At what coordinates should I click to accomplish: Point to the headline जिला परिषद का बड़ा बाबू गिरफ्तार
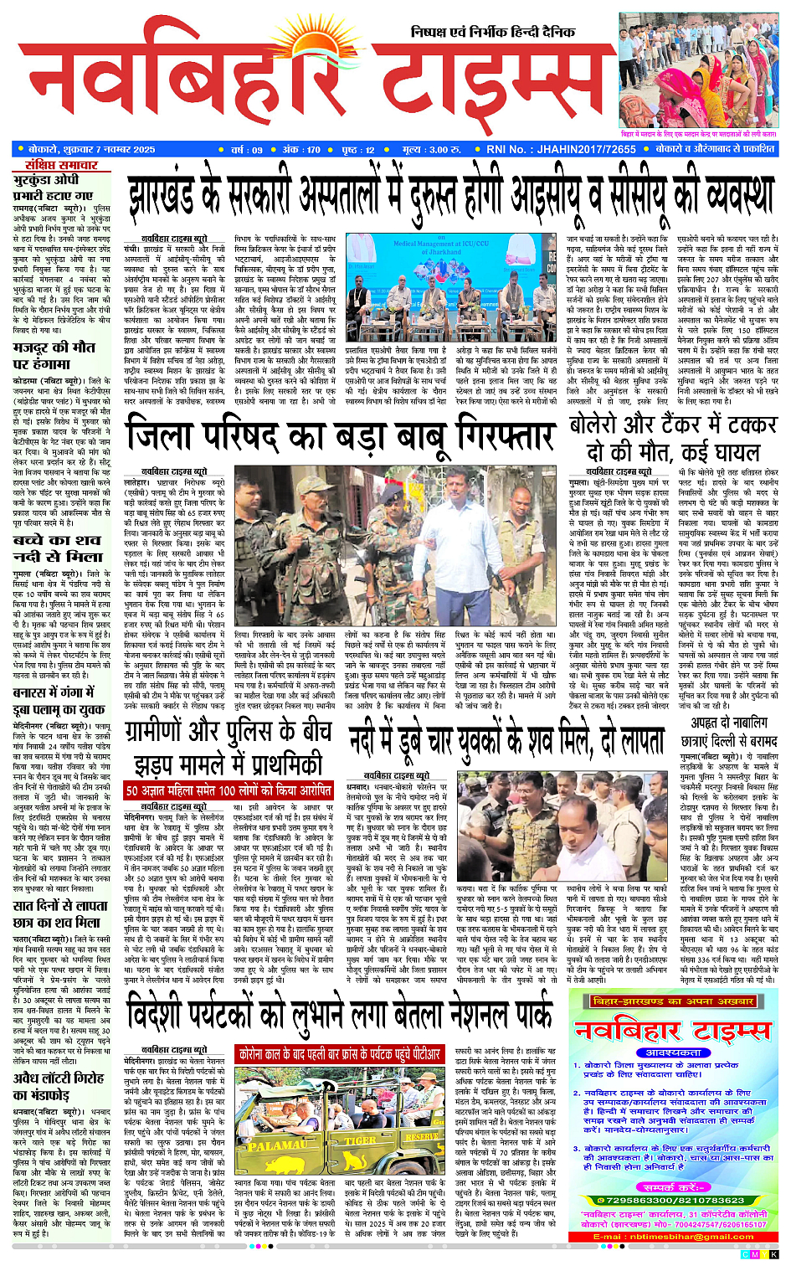click(x=340, y=437)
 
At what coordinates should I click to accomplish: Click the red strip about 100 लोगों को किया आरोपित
click(x=229, y=790)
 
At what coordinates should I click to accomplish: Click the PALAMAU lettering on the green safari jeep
click(x=278, y=1145)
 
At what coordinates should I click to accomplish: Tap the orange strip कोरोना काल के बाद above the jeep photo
click(x=340, y=1054)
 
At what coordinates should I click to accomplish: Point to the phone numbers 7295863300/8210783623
click(x=674, y=1200)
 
